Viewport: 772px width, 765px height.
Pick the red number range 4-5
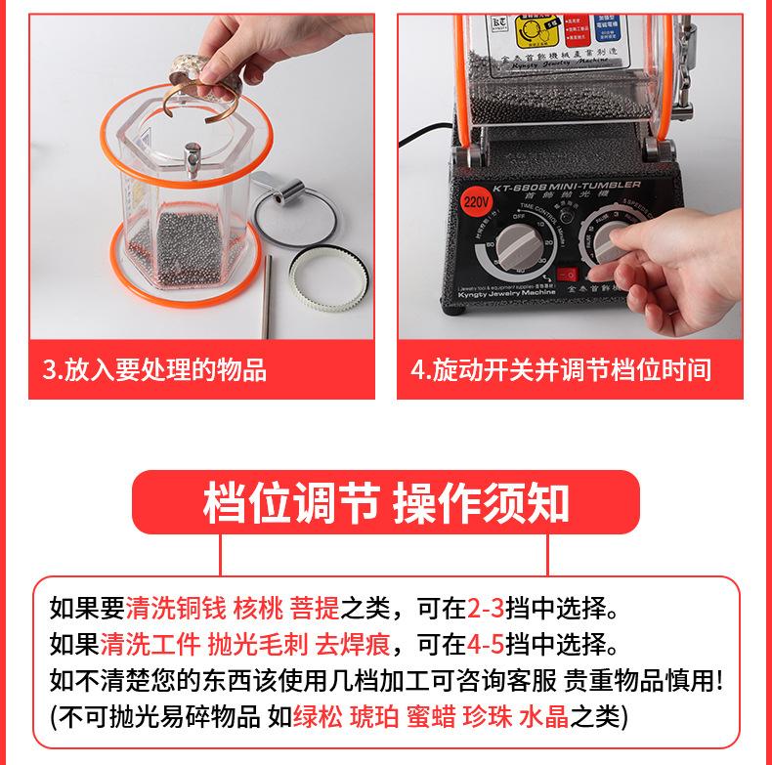[485, 645]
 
